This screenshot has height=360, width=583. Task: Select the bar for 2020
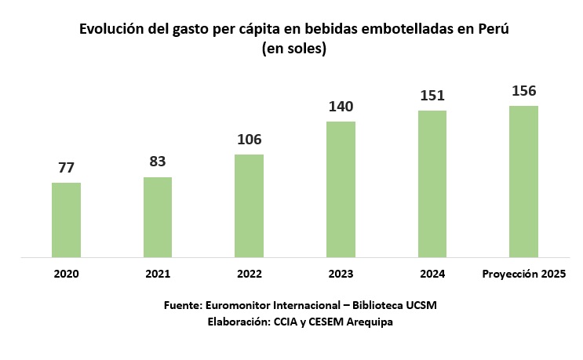[x=66, y=220]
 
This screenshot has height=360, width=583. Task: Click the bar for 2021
[x=158, y=217]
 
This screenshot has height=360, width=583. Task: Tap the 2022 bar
[x=249, y=205]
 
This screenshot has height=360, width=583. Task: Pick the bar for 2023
[x=341, y=189]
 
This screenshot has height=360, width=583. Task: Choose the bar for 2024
[x=432, y=184]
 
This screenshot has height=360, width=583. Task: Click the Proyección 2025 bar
[x=523, y=181]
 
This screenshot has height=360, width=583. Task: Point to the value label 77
[x=66, y=168]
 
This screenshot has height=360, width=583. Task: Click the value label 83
[x=158, y=162]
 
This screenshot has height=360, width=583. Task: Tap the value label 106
[x=249, y=140]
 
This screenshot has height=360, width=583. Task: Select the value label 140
[x=341, y=107]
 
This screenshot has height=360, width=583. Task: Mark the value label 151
[x=432, y=96]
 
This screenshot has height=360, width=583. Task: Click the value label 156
[x=523, y=91]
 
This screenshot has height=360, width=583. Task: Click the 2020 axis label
[x=66, y=275]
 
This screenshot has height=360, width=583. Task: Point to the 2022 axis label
[x=249, y=275]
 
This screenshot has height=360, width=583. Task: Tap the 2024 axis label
[x=432, y=274]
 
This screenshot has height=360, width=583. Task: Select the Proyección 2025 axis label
[x=523, y=274]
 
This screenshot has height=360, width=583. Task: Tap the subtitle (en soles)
[x=293, y=49]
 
